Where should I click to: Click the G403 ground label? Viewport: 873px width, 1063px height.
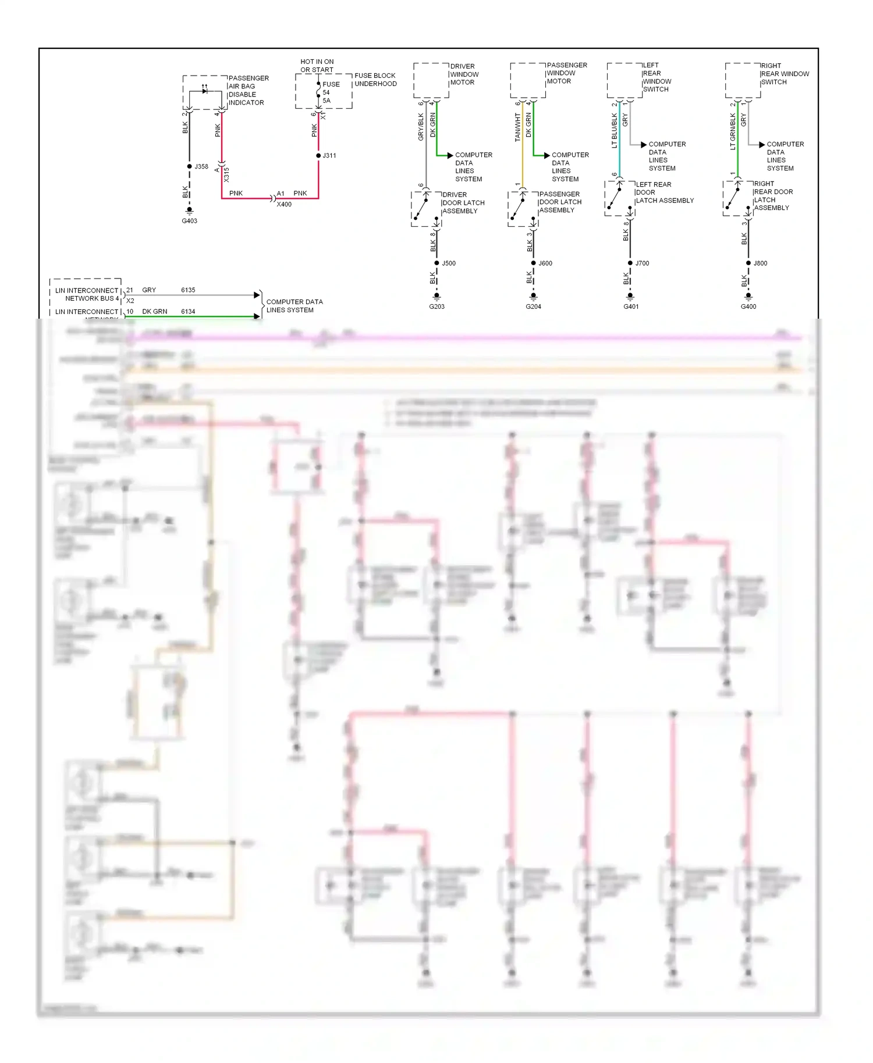189,221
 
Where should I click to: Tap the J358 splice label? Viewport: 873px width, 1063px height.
201,166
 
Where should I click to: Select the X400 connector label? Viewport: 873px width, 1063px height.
284,205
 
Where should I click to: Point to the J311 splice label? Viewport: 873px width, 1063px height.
329,156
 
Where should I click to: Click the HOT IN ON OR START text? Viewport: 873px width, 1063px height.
317,66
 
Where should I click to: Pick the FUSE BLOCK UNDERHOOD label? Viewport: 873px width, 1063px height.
375,80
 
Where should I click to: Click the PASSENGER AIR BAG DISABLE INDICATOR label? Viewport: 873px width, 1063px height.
248,90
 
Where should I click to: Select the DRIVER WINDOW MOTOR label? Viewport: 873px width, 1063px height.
464,74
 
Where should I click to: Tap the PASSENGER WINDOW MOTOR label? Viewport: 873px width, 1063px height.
566,73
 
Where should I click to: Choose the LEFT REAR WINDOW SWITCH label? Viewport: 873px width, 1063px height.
656,77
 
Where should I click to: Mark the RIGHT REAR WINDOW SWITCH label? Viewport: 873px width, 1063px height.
784,74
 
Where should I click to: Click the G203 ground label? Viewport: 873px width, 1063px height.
436,306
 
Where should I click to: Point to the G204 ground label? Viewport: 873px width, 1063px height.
533,306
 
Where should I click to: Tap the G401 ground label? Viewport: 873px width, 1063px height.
631,306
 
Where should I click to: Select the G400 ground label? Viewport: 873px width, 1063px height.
748,306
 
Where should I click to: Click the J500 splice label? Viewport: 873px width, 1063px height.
449,263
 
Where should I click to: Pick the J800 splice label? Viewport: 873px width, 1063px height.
760,263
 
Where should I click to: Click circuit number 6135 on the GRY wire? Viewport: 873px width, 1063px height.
188,290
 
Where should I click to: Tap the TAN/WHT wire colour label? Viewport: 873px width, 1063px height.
517,127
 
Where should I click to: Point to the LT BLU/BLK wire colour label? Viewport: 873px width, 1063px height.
615,131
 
